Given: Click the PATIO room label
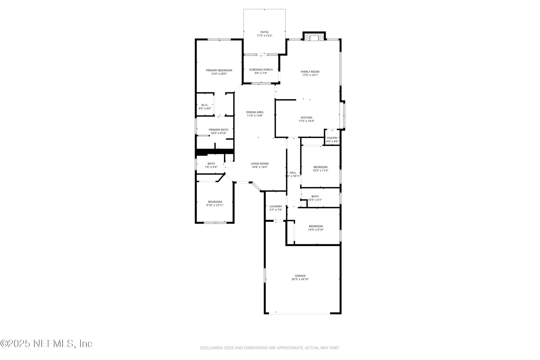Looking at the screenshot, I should (x=264, y=32).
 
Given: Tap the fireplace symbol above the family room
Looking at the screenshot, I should (x=314, y=38).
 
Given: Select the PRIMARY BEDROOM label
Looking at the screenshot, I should (x=219, y=70).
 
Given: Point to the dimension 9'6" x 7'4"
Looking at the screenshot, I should (x=261, y=73).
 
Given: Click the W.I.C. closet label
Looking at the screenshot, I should (x=205, y=105).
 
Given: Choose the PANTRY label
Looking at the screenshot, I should (x=332, y=138).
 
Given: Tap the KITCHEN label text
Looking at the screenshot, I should (x=306, y=118).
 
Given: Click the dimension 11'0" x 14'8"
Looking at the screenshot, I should (x=255, y=116).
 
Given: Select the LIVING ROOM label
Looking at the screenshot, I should (x=259, y=163).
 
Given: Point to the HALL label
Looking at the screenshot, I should (x=293, y=173).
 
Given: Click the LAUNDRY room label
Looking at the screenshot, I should (x=276, y=206).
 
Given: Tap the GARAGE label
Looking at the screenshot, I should (x=300, y=276).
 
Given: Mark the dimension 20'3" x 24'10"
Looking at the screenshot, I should (x=300, y=279).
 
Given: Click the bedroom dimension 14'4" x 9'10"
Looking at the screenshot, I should (x=316, y=230).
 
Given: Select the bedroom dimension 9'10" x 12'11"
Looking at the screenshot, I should (x=215, y=205).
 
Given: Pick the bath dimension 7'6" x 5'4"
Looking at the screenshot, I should (x=211, y=167).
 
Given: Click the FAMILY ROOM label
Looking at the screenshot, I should (x=310, y=72).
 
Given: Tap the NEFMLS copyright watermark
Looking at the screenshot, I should (x=46, y=343).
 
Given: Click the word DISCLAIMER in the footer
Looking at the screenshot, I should (x=211, y=348).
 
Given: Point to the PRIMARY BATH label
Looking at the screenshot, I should (x=218, y=130).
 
